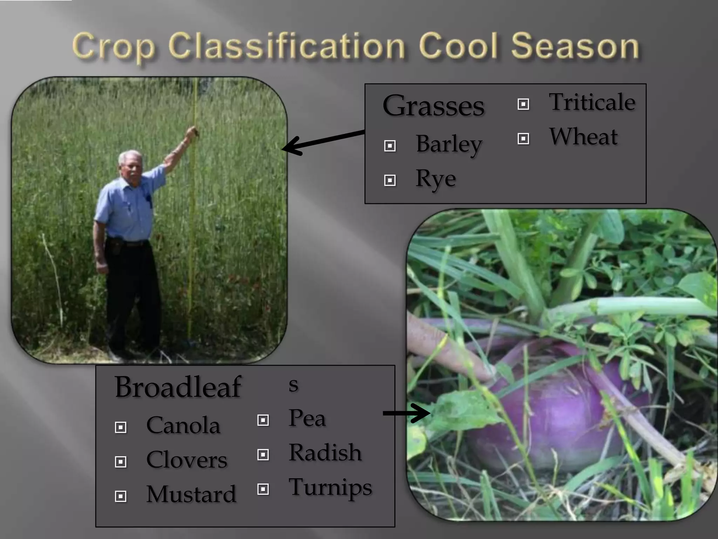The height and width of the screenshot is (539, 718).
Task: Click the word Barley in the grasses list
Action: pos(449,145)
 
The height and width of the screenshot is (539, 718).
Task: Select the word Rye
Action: pos(435,179)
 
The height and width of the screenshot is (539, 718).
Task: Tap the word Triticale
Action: pos(592,102)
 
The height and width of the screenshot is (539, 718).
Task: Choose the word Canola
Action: pos(183,425)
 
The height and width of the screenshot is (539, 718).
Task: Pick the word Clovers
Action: pos(187,460)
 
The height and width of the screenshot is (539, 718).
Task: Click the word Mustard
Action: pos(191,494)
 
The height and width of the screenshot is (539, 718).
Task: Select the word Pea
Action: pos(307,419)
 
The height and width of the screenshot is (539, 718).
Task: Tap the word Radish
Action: pos(325,453)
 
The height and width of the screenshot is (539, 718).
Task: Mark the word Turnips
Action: pos(330,488)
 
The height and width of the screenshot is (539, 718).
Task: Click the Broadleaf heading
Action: pos(178,387)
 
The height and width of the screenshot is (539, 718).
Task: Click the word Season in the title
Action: pos(575,46)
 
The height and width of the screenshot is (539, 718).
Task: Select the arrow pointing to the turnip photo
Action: pos(407,413)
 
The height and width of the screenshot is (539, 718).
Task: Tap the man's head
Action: pos(130,164)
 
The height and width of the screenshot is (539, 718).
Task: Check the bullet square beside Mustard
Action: pos(121,496)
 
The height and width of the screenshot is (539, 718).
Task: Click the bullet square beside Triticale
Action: pos(523,104)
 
